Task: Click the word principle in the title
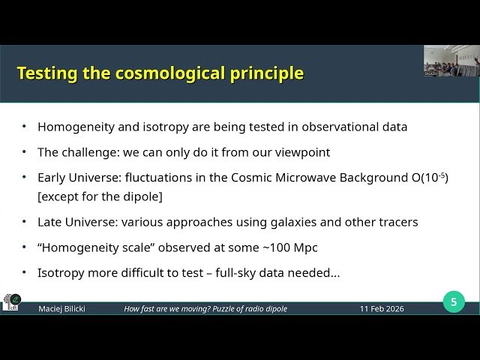pos(267,73)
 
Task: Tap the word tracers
pos(394,222)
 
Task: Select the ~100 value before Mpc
pos(259,247)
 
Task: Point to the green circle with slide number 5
pos(453,302)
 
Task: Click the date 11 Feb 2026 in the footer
pos(381,309)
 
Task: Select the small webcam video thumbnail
pos(451,60)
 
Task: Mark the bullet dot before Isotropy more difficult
pos(24,273)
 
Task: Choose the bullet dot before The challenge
pos(24,152)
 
